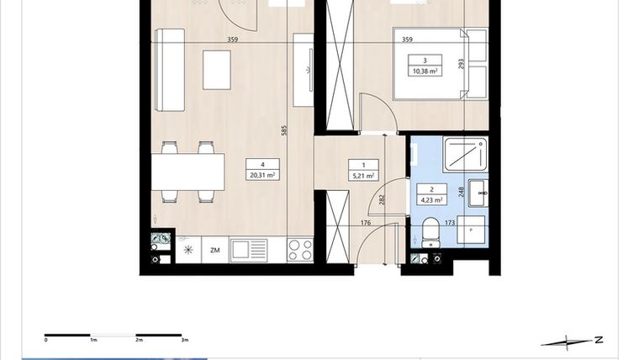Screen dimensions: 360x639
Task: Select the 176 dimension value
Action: (343, 223)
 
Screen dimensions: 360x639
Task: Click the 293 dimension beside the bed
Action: (461, 63)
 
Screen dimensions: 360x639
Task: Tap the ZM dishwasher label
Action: (215, 249)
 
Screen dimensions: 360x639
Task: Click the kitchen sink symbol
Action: (249, 249)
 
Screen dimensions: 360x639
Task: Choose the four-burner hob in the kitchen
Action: (300, 249)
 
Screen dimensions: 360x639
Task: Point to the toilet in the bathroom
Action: (431, 232)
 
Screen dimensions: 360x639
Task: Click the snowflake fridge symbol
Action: (188, 249)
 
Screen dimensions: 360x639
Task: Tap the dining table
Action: (188, 172)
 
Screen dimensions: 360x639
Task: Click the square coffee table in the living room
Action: (217, 70)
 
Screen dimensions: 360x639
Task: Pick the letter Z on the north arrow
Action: (598, 340)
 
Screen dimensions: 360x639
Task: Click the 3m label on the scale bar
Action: (184, 341)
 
